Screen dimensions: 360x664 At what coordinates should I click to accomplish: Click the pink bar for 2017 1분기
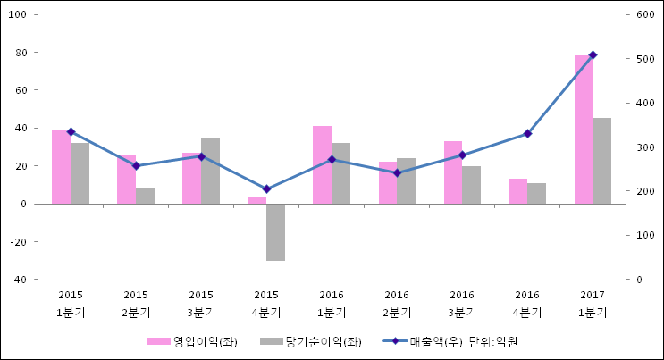point(583,130)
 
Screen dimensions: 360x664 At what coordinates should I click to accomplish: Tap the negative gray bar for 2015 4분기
point(275,232)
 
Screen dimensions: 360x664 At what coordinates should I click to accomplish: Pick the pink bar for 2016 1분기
point(322,165)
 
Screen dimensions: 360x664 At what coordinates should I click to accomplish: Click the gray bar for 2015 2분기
point(145,196)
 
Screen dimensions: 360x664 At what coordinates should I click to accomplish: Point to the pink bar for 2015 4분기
point(256,200)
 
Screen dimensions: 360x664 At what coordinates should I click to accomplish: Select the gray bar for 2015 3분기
point(210,171)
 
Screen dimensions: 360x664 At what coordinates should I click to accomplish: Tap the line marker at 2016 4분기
point(527,134)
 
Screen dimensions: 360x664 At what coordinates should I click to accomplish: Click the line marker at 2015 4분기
point(266,189)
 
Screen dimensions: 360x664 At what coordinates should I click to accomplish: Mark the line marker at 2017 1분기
point(593,55)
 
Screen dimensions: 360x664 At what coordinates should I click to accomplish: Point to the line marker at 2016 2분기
point(397,173)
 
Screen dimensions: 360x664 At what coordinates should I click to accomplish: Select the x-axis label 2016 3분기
point(462,304)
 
